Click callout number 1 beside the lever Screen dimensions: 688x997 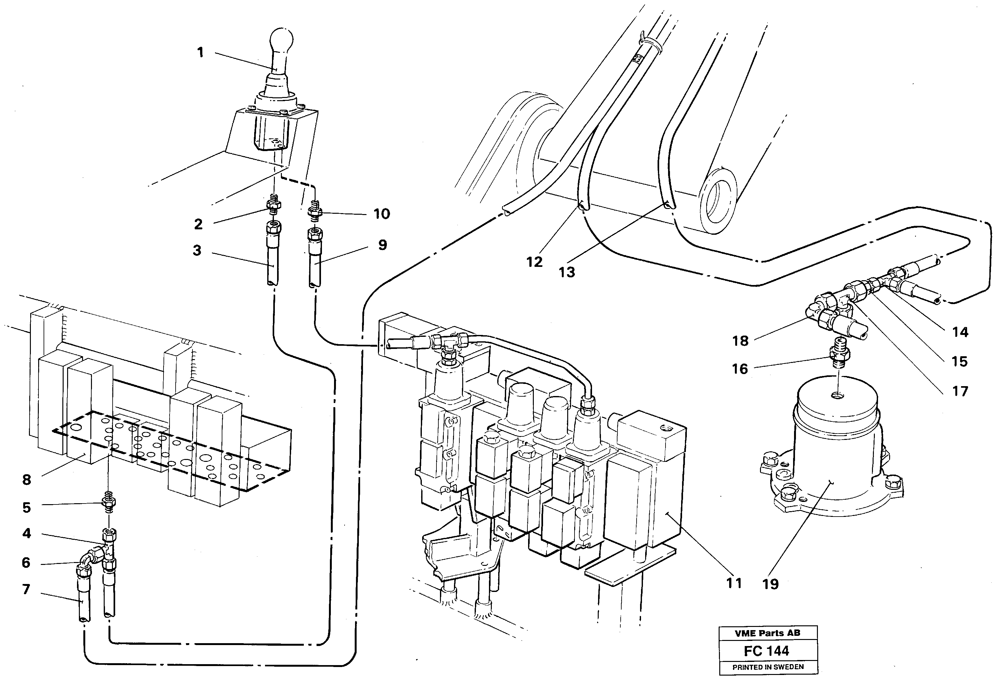[x=200, y=52]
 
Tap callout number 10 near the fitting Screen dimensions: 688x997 [x=381, y=214]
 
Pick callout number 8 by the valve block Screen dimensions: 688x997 [x=27, y=480]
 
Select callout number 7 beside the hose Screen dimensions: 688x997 [x=26, y=589]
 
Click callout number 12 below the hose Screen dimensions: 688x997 [x=534, y=262]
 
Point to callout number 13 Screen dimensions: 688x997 [x=567, y=272]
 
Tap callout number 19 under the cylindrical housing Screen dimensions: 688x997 [x=771, y=584]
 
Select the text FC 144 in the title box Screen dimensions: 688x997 [x=767, y=650]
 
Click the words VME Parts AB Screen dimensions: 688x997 [x=767, y=633]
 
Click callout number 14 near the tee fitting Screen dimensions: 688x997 [x=960, y=332]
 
